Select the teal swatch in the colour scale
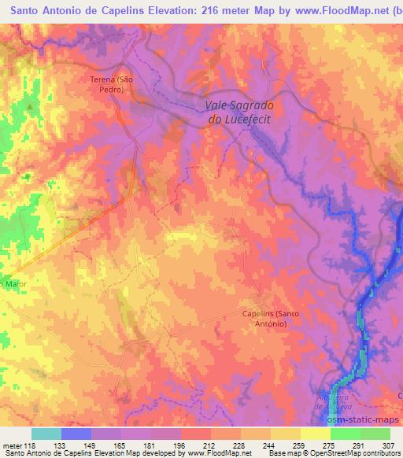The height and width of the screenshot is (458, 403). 46,434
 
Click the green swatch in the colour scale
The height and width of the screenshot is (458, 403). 375,434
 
